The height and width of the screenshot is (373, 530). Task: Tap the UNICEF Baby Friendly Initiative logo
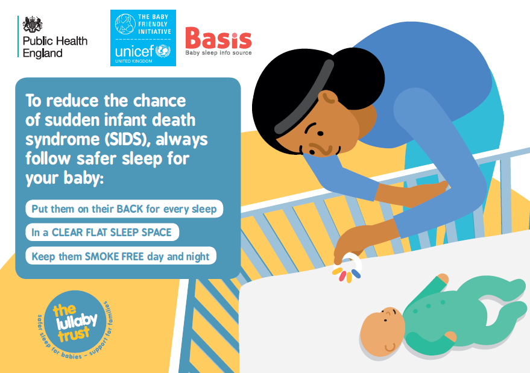[144, 37]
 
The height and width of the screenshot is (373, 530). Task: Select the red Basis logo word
[218, 39]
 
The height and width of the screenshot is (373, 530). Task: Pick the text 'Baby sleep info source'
[218, 53]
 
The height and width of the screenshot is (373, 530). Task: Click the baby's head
[382, 332]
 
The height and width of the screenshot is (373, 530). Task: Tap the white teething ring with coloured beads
[349, 269]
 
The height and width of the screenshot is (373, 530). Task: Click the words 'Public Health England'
[54, 47]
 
